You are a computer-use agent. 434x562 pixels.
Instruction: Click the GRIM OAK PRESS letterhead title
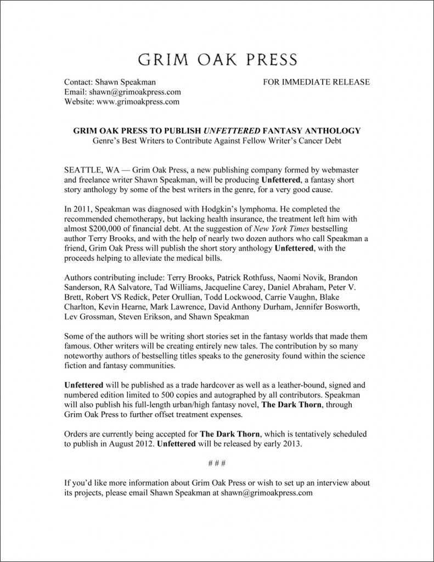(217, 59)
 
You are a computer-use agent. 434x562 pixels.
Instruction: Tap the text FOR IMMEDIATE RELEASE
(316, 82)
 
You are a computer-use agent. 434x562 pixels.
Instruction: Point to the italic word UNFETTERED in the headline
(233, 131)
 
